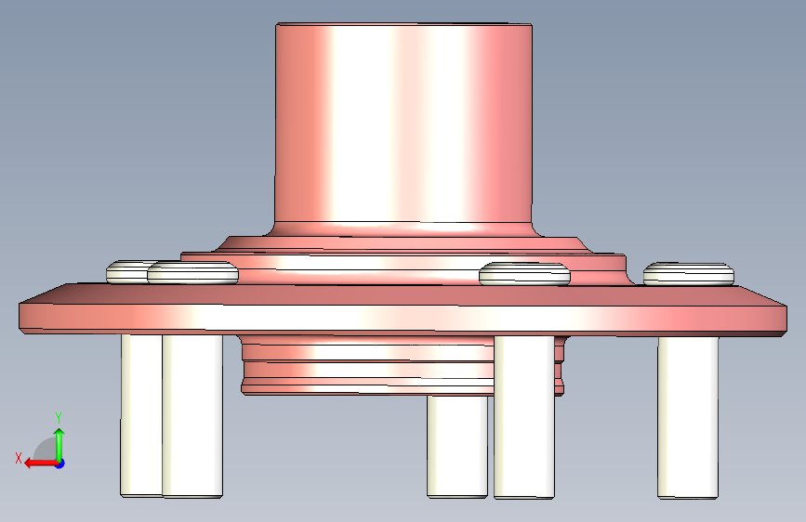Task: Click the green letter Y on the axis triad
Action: pos(59,418)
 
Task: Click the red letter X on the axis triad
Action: pos(19,458)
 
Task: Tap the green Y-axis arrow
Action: pos(59,445)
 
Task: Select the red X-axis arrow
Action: pos(42,463)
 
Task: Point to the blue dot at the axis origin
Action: pos(60,463)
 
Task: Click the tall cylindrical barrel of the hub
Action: pos(403,124)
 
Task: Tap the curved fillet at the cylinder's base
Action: pos(403,229)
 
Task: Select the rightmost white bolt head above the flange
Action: pos(689,273)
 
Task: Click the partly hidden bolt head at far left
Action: pos(126,272)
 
